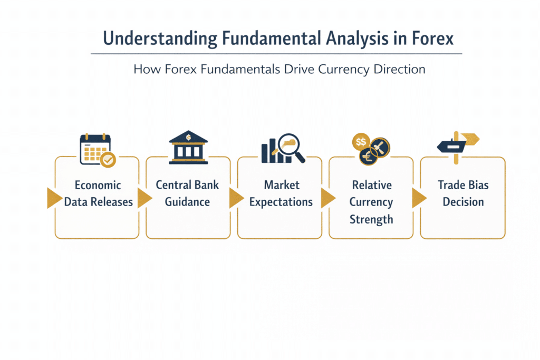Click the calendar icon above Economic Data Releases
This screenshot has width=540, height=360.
click(x=95, y=149)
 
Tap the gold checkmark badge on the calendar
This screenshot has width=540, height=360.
click(x=108, y=160)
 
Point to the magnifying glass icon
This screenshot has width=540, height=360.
click(x=291, y=147)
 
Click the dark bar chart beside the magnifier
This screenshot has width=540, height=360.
click(x=270, y=150)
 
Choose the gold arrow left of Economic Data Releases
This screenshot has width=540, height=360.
click(x=54, y=198)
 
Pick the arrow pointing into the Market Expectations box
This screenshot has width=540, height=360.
click(x=236, y=198)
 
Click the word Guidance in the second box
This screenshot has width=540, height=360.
click(x=187, y=202)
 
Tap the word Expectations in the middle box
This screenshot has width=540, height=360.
click(x=281, y=202)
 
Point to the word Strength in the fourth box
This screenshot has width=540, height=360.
click(x=371, y=219)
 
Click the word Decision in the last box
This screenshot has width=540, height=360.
click(x=463, y=202)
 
